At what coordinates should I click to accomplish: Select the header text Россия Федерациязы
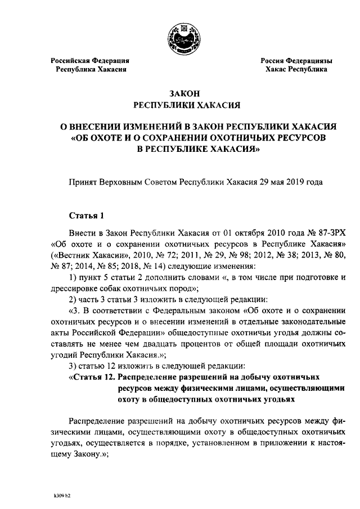pos(295,60)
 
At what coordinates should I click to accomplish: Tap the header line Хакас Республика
pos(296,70)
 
